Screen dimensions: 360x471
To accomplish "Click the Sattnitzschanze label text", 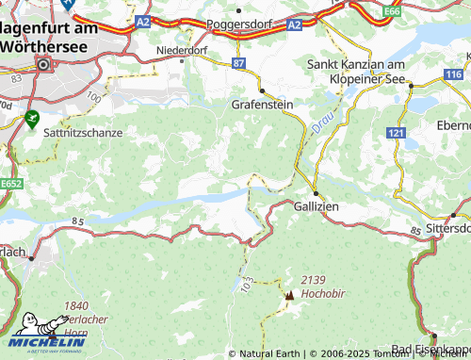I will pyautogui.click(x=83, y=133).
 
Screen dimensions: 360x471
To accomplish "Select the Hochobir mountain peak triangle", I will pyautogui.click(x=289, y=295).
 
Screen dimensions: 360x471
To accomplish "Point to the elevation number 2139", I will pyautogui.click(x=313, y=281).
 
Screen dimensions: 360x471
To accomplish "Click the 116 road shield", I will pyautogui.click(x=455, y=74).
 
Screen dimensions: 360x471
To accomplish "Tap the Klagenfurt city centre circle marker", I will pyautogui.click(x=44, y=64).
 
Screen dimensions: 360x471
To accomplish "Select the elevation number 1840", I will pyautogui.click(x=77, y=306).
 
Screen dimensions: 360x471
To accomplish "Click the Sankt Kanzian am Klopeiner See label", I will pyautogui.click(x=362, y=72).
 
